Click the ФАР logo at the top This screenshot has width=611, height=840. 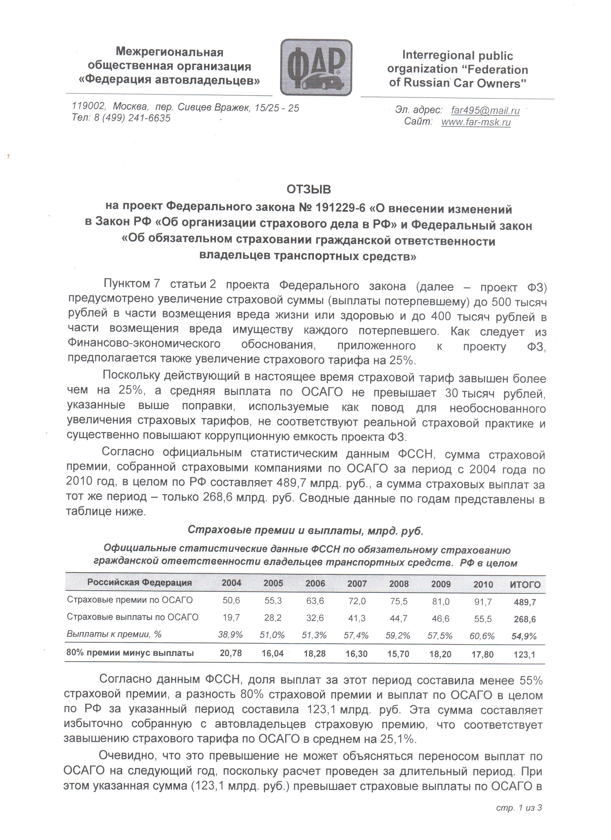pyautogui.click(x=316, y=67)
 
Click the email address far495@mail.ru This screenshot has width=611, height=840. pyautogui.click(x=485, y=110)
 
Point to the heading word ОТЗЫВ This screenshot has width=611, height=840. pyautogui.click(x=308, y=189)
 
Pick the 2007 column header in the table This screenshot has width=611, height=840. pyautogui.click(x=357, y=584)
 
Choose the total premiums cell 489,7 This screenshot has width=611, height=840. pyautogui.click(x=525, y=602)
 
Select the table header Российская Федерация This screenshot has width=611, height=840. pyautogui.click(x=139, y=582)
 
